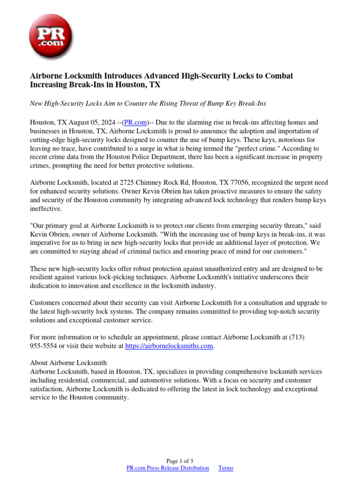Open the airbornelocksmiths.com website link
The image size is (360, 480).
click(170, 346)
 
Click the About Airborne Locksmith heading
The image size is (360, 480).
click(68, 362)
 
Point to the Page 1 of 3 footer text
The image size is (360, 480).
click(180, 461)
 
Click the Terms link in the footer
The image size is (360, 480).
click(225, 468)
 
